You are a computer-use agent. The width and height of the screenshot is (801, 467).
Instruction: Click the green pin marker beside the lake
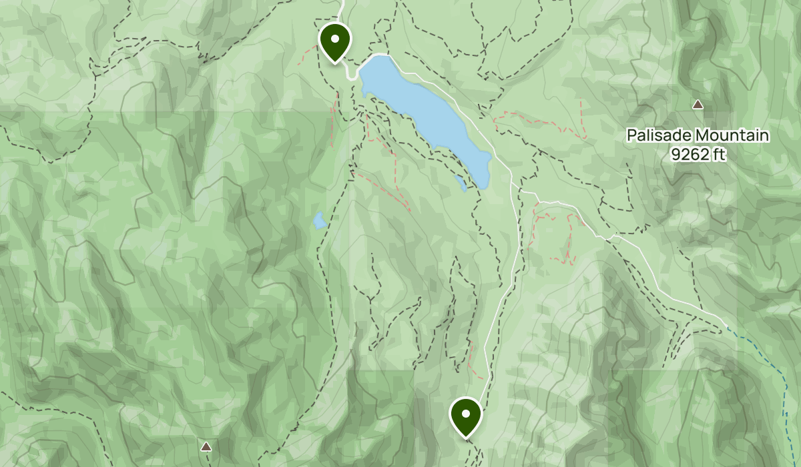pyautogui.click(x=335, y=41)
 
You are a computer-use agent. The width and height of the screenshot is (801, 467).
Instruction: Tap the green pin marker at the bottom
pyautogui.click(x=465, y=416)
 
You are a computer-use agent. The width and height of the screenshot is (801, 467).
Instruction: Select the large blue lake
pyautogui.click(x=427, y=113)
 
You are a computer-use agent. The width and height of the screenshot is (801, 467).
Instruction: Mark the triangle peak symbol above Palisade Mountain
pyautogui.click(x=698, y=104)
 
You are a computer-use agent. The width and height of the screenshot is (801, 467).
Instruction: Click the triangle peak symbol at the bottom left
pyautogui.click(x=206, y=446)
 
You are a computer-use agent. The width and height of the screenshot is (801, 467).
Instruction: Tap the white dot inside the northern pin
pyautogui.click(x=335, y=38)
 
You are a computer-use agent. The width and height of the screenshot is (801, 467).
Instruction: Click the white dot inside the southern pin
pyautogui.click(x=465, y=413)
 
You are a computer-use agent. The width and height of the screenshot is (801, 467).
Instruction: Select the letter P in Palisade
pyautogui.click(x=631, y=136)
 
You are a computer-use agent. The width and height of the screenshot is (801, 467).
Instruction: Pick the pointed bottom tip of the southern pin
pyautogui.click(x=465, y=438)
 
